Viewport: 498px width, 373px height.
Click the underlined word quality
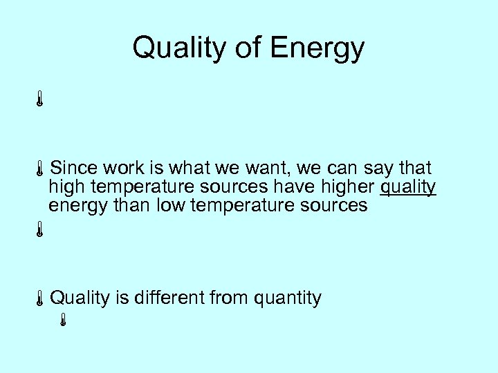tap(408, 187)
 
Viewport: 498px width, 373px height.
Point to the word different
tap(170, 298)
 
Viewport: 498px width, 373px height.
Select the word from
tap(230, 298)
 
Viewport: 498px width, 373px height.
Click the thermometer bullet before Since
tap(40, 169)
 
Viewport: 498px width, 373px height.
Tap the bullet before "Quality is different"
tap(40, 298)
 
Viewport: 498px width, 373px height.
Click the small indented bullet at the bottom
tap(62, 320)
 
